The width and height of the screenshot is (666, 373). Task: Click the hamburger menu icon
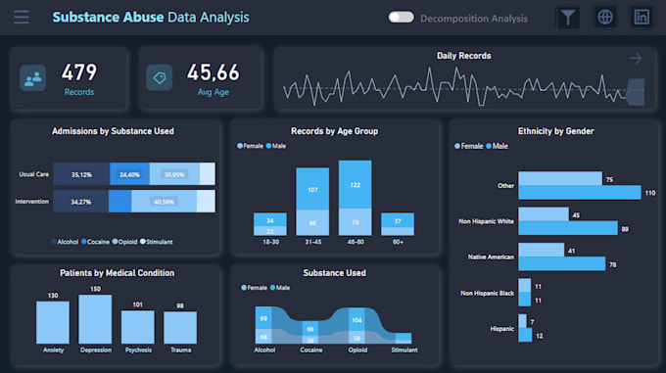[x=22, y=18]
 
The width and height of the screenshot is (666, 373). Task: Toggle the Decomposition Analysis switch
[x=401, y=18]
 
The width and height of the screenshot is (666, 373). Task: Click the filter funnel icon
[x=568, y=18]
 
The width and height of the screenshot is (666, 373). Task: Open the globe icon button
[x=605, y=18]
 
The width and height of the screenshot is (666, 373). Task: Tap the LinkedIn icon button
[x=642, y=18]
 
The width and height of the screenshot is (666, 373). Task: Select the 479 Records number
[x=79, y=71]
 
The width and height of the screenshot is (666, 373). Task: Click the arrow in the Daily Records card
[x=636, y=59]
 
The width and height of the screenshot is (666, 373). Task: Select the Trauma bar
[x=180, y=327]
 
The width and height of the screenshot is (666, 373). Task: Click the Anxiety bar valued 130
[x=53, y=322]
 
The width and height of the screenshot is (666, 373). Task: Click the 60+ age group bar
[x=398, y=224]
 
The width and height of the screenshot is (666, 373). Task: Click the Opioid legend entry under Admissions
[x=128, y=241]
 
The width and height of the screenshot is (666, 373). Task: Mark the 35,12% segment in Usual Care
[x=82, y=174]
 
